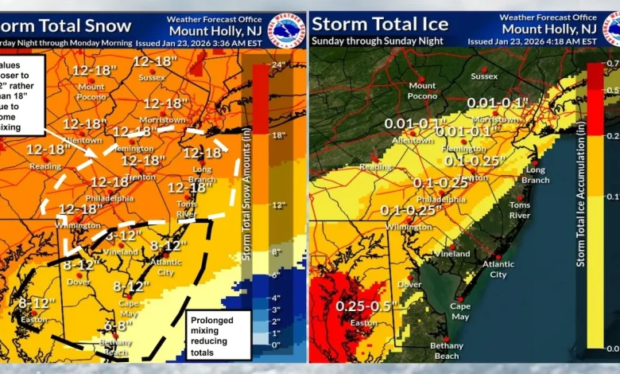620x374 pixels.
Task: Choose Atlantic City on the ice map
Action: coord(498,270)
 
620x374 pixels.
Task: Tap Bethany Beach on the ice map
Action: coord(446,351)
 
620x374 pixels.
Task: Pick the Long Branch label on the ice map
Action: coord(535,174)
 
